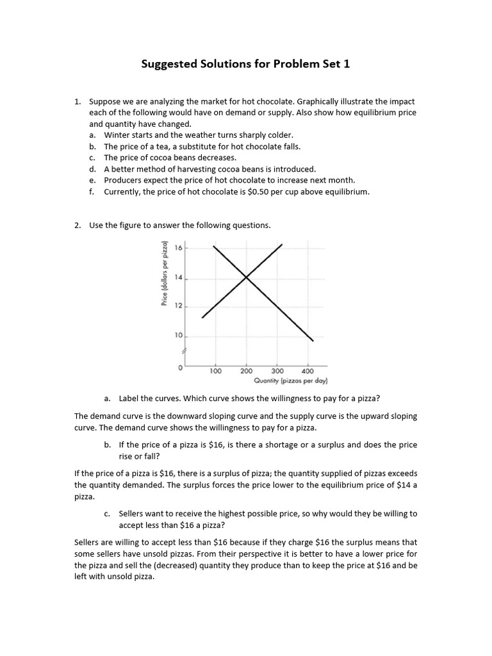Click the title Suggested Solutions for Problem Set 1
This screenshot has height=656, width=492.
pyautogui.click(x=245, y=64)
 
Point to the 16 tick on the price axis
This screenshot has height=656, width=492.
pyautogui.click(x=178, y=247)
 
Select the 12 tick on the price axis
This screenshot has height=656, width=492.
pyautogui.click(x=178, y=307)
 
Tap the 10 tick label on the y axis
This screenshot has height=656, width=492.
pyautogui.click(x=178, y=336)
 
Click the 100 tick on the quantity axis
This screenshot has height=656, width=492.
pyautogui.click(x=215, y=371)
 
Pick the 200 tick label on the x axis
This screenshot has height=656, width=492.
pyautogui.click(x=247, y=371)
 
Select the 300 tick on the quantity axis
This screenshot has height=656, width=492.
pyautogui.click(x=277, y=371)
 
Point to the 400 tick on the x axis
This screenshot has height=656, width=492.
pyautogui.click(x=308, y=371)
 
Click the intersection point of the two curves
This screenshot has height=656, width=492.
pyautogui.click(x=247, y=277)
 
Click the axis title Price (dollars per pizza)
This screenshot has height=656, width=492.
pyautogui.click(x=165, y=274)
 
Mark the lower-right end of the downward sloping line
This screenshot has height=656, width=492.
pyautogui.click(x=313, y=341)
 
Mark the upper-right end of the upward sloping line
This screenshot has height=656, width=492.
pyautogui.click(x=283, y=244)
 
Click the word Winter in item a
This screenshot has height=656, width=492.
pyautogui.click(x=117, y=135)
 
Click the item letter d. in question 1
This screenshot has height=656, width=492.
pyautogui.click(x=93, y=169)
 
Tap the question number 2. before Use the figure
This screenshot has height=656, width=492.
pyautogui.click(x=78, y=225)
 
